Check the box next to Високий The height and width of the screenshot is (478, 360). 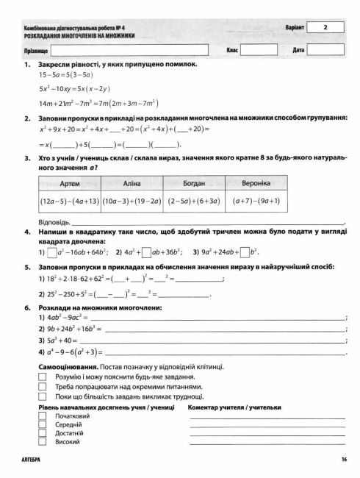point(41,442)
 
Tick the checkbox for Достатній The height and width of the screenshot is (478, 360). point(41,433)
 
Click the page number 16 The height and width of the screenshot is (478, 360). point(343,460)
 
